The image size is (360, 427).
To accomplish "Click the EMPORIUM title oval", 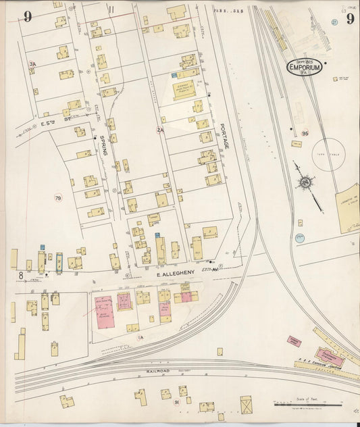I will (304, 67).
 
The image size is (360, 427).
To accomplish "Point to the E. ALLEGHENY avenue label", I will (176, 272).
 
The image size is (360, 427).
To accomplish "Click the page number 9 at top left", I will (28, 17).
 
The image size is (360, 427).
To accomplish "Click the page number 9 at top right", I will (350, 18).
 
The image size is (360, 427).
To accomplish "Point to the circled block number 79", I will (58, 198).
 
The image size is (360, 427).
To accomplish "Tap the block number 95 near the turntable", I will (305, 134).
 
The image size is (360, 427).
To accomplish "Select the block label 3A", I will (32, 64).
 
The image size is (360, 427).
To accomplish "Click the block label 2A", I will (160, 130).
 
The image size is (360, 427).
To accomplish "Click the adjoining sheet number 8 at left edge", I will (21, 274).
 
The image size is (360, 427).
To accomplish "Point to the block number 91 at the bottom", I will (176, 402).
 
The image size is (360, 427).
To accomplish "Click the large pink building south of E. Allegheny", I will (104, 312).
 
